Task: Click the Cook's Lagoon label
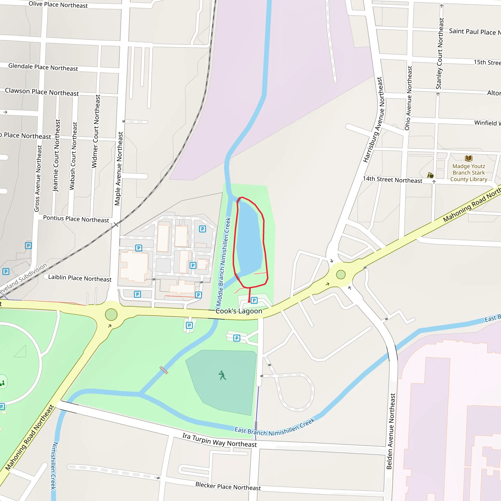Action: coord(239,311)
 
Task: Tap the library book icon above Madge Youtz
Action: coord(468,158)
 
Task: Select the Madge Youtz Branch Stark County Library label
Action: coord(468,173)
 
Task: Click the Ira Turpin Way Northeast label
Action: coord(219,440)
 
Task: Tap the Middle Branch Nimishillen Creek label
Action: coord(224,262)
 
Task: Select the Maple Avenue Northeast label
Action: coord(118,169)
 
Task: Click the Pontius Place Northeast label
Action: coord(76,219)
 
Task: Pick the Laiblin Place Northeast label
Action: coord(80,278)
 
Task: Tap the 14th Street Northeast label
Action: coord(392,180)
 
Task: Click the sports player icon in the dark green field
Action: coord(222,375)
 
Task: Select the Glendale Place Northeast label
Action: coord(43,67)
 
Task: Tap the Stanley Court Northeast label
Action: coord(440,53)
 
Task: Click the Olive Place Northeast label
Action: coord(58,5)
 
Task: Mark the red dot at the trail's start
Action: coord(249,301)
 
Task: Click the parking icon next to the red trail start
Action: coord(254,300)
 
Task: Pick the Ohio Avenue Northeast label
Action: coord(409,98)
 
